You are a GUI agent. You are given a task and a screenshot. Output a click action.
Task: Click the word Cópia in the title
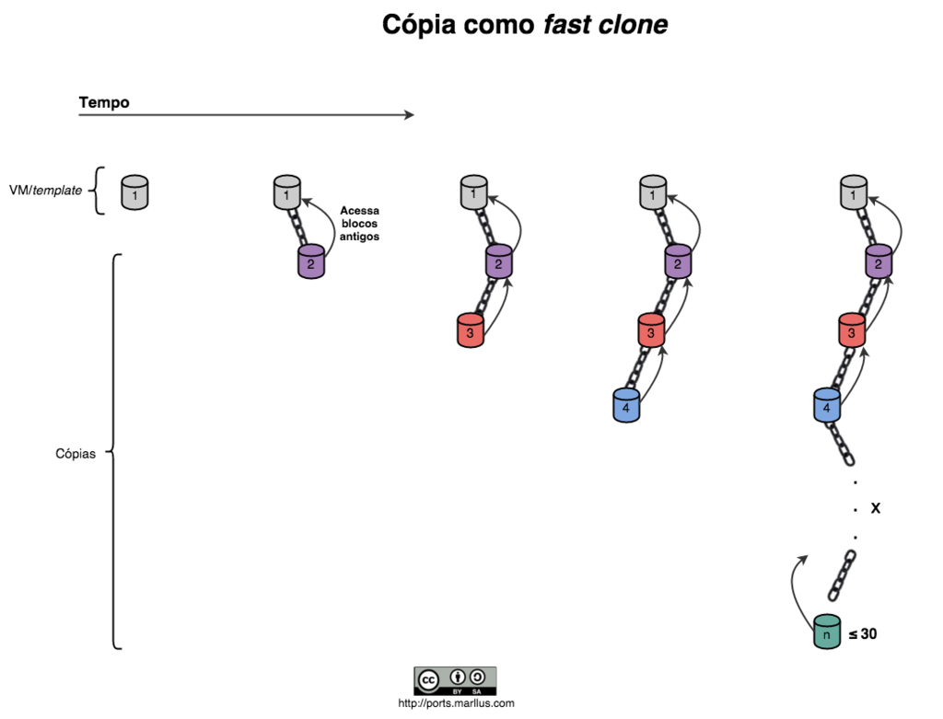(x=425, y=25)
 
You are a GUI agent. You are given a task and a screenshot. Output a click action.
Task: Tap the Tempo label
(x=104, y=102)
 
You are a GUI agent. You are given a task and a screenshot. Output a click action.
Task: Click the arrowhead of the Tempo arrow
(x=409, y=115)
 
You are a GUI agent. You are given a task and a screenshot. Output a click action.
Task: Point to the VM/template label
(x=52, y=191)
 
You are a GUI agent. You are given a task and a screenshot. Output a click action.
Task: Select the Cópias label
(x=76, y=454)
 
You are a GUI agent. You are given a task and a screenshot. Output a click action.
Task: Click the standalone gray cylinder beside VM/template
(x=135, y=192)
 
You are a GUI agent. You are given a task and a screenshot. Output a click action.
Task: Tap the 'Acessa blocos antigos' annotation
(x=359, y=224)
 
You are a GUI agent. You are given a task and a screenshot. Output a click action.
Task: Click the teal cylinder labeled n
(x=827, y=632)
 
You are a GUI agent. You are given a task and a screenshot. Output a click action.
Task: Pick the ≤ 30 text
(x=863, y=633)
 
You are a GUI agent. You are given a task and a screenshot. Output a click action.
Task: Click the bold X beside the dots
(x=876, y=507)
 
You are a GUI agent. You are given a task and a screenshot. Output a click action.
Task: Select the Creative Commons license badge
(x=455, y=680)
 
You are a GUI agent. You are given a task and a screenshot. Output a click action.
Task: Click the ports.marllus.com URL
(x=456, y=703)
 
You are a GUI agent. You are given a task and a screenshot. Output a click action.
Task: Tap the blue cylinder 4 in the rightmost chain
(x=827, y=405)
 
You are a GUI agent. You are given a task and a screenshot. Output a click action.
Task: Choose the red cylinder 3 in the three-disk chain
(x=470, y=331)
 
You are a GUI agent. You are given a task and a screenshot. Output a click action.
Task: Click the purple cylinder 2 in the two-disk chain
(x=311, y=261)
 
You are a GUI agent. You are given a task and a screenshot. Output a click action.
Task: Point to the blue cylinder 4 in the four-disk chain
(x=626, y=405)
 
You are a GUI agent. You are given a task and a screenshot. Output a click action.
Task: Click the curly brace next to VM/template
(x=99, y=191)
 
